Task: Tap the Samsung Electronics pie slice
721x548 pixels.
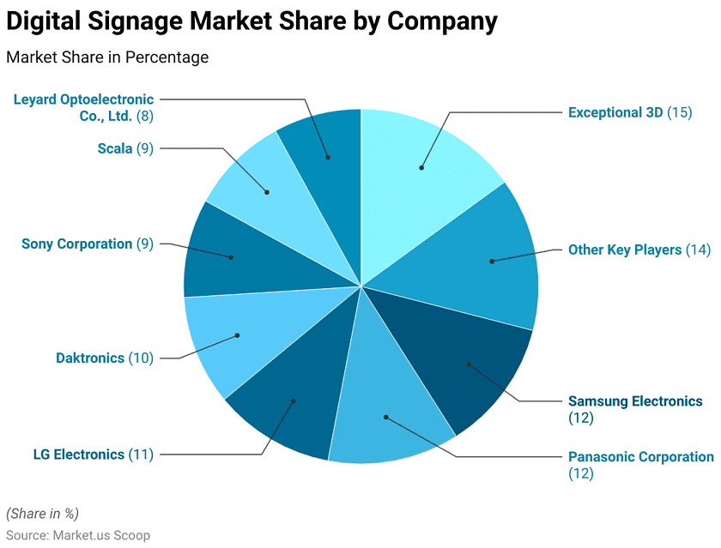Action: tap(469, 364)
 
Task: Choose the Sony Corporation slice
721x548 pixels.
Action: tap(231, 256)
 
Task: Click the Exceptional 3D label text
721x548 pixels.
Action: tap(615, 112)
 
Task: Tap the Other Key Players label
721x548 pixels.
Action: tap(624, 250)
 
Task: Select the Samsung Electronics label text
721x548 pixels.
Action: tap(635, 401)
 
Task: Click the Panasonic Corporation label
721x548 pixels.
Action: tap(640, 457)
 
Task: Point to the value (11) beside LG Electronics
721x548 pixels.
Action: tap(141, 455)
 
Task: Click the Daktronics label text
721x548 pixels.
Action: tap(90, 358)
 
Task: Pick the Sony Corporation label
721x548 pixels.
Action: tap(77, 244)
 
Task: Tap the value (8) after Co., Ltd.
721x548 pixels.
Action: tap(145, 116)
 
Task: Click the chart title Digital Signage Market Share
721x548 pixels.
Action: tap(251, 21)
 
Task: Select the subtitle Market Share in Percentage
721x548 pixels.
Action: tap(107, 57)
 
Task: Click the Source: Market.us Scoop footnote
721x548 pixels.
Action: tap(78, 534)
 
